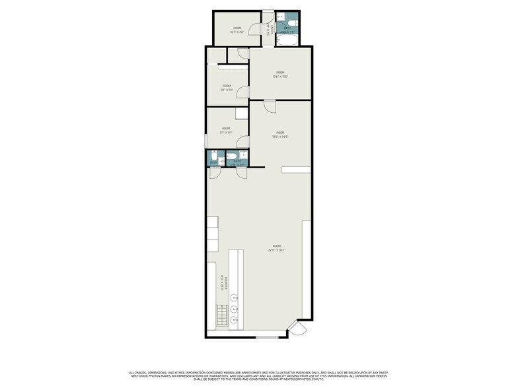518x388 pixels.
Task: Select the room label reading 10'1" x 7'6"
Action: (x=237, y=29)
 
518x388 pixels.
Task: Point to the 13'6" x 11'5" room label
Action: (x=280, y=74)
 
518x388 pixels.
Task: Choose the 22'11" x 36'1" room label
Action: (x=277, y=247)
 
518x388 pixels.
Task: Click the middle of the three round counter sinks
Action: (x=233, y=309)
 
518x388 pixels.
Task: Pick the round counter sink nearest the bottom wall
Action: (x=233, y=320)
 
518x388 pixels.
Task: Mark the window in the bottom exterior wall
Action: (x=266, y=338)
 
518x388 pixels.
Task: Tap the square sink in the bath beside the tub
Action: (x=280, y=16)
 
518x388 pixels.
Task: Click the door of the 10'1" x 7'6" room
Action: (x=243, y=53)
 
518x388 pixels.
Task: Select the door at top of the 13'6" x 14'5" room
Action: (x=270, y=106)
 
